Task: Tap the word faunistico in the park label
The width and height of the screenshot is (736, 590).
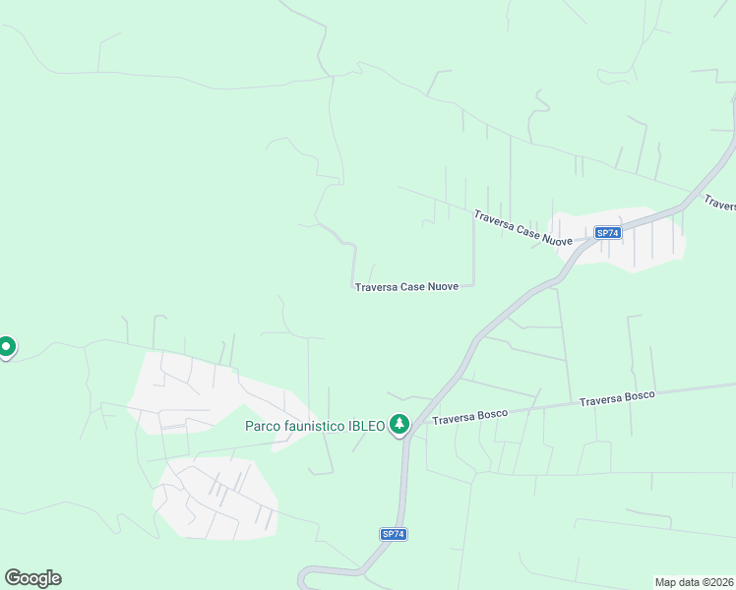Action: (x=314, y=426)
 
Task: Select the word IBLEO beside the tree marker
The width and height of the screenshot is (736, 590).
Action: (x=366, y=426)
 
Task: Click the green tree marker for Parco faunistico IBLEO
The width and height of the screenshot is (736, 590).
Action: (x=399, y=424)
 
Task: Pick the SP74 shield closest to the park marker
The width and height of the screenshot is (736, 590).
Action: (x=394, y=534)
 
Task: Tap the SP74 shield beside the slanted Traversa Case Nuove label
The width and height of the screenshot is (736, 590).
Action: (x=608, y=233)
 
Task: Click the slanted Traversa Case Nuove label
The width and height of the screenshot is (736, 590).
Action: (x=522, y=227)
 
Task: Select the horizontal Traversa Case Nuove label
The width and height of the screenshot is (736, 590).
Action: (x=406, y=287)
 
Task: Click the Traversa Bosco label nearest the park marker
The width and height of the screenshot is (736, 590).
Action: (x=468, y=417)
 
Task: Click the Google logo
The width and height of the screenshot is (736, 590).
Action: (x=32, y=578)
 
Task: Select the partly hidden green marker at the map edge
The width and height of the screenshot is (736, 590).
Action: (x=6, y=346)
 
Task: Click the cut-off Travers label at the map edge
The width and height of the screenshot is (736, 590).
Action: (x=719, y=204)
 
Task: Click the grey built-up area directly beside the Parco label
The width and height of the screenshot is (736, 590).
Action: (x=197, y=393)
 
